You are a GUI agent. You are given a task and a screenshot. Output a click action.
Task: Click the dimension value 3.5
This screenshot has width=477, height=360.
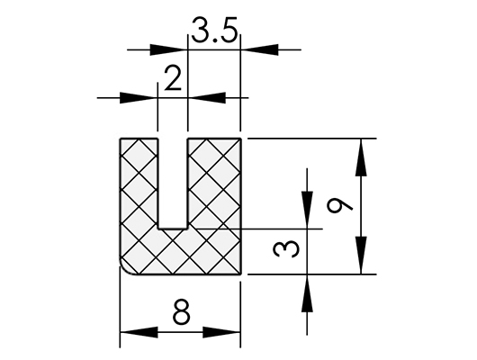point(214,30)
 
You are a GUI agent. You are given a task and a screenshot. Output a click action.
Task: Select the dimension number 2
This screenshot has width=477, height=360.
point(173,78)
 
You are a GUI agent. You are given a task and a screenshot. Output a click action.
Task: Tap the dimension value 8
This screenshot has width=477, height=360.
point(182,311)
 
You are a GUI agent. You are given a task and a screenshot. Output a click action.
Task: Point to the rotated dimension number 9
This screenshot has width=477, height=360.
point(339,206)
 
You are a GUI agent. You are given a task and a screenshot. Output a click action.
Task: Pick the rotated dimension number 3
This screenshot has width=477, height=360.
point(286,248)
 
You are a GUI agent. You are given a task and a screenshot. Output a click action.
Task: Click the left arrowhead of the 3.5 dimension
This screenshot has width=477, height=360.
point(169,49)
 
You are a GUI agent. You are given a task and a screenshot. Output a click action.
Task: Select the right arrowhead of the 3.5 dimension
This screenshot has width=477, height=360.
point(259,49)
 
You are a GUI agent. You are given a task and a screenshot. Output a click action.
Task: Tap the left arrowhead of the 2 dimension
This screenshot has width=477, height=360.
point(139,98)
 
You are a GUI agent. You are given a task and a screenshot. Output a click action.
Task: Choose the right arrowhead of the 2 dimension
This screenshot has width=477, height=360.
point(207,98)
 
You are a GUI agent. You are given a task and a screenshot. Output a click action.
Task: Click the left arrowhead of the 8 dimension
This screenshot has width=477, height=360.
point(139,332)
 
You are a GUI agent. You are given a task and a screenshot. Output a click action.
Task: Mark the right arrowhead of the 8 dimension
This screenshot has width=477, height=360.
point(221,332)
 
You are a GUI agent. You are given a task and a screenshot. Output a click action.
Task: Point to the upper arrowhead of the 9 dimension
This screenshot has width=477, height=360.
point(361,157)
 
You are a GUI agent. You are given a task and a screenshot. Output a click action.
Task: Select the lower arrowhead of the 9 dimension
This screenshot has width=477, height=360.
point(361,256)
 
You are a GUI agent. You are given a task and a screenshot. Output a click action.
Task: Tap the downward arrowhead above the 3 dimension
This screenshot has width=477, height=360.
point(307,210)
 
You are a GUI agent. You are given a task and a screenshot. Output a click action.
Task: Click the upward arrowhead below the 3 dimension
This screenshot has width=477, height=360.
point(307,293)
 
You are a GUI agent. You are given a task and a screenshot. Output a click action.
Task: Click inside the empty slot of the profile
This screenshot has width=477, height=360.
point(173,183)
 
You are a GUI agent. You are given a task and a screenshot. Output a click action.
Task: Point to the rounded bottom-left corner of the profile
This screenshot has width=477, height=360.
point(125,269)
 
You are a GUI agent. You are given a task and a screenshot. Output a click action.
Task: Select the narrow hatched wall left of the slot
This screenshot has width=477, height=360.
point(139,183)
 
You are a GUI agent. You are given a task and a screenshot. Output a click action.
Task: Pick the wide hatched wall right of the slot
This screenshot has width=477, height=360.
point(214,183)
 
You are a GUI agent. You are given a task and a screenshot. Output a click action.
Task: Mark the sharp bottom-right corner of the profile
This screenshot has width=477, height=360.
point(240,274)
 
